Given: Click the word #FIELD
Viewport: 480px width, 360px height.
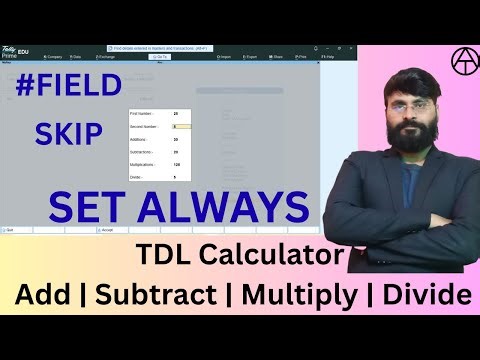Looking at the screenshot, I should pos(71,89).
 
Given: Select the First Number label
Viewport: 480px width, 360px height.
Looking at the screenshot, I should pos(143,115).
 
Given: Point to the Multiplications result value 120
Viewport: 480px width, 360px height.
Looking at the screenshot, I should pos(176,164).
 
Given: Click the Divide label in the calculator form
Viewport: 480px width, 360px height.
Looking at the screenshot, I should pos(138,177).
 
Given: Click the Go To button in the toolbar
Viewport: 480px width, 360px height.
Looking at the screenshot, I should pos(160,57).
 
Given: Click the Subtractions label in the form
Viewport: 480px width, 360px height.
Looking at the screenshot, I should pos(143,152).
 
